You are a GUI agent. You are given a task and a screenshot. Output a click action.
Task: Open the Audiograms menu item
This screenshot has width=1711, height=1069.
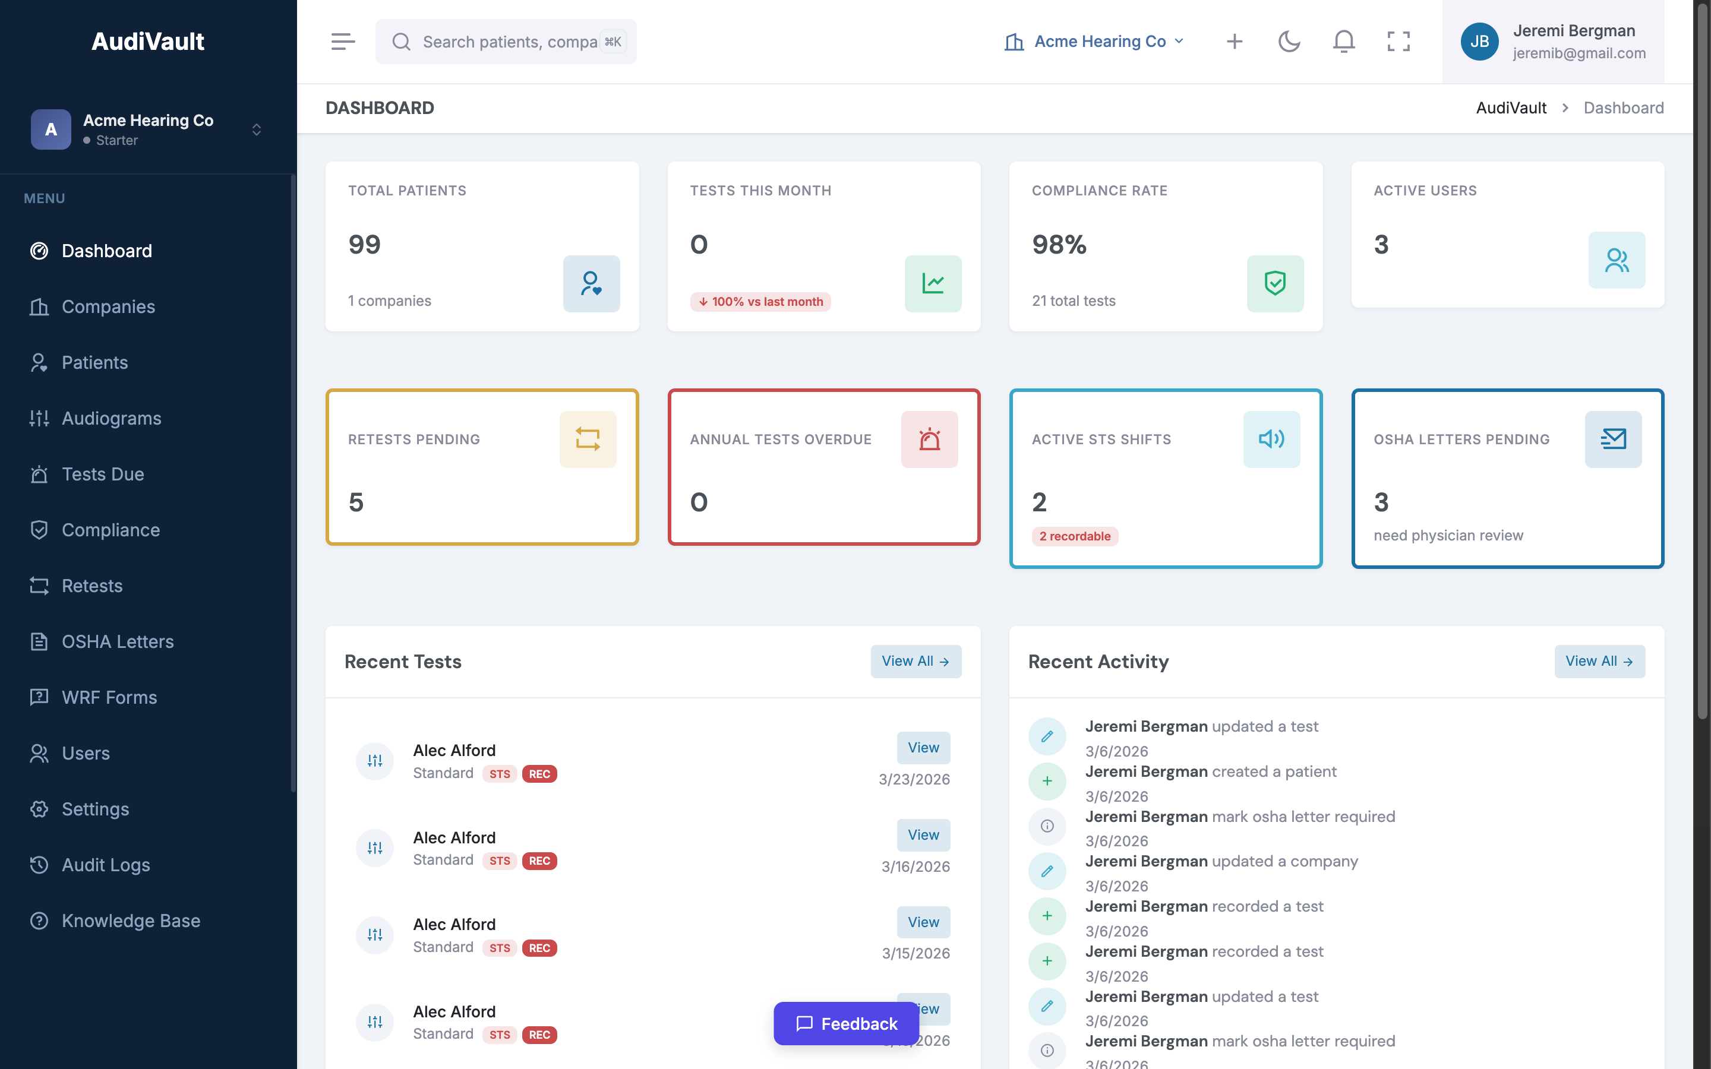(x=111, y=419)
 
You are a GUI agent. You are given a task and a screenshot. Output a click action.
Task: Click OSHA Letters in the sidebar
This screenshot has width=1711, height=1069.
(x=118, y=642)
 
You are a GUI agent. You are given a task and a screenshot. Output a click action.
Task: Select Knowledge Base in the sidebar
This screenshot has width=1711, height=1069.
(x=131, y=921)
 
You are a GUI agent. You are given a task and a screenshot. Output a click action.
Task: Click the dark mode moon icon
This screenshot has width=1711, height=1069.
(x=1289, y=42)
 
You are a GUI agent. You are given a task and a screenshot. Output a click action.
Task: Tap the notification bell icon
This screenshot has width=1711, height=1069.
(x=1343, y=42)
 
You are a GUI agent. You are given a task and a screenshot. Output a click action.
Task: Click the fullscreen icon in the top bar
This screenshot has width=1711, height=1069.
(x=1398, y=42)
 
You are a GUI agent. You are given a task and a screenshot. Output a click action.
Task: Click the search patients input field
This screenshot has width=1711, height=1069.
(x=509, y=42)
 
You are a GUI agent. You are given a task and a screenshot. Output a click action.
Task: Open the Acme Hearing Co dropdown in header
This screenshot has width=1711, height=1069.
(x=1094, y=42)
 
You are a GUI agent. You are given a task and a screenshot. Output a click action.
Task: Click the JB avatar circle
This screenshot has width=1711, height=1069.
(x=1479, y=42)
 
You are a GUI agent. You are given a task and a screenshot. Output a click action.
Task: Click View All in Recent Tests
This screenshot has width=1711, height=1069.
(x=916, y=661)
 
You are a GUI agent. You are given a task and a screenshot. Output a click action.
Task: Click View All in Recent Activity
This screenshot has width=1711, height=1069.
(x=1599, y=661)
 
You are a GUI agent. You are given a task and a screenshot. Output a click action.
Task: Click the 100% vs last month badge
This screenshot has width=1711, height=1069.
(x=760, y=302)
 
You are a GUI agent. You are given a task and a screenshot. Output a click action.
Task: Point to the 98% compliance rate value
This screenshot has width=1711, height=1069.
(x=1059, y=245)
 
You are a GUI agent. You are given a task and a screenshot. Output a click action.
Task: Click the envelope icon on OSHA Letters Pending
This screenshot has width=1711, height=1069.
(x=1613, y=439)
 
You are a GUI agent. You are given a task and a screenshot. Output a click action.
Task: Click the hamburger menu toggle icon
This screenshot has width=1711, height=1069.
(x=343, y=42)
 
